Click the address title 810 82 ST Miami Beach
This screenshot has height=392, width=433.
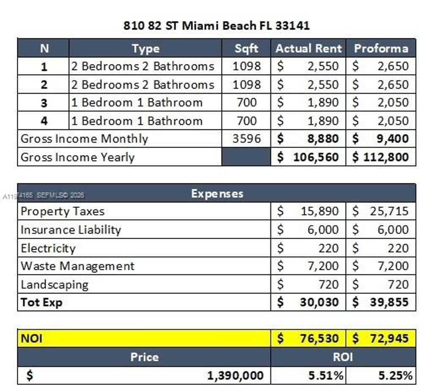[216, 25]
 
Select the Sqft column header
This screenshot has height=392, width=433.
[246, 48]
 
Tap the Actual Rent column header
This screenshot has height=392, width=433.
[308, 48]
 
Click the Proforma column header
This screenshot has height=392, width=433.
[381, 48]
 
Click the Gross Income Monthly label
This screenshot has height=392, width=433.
[85, 139]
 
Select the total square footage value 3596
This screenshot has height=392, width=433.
[246, 139]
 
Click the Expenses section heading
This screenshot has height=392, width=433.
[217, 193]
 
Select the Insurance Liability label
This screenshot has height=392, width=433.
[71, 230]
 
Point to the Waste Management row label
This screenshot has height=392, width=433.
[77, 266]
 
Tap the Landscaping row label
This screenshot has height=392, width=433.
[55, 284]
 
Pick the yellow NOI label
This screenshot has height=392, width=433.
[32, 338]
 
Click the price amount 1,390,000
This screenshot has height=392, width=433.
[235, 375]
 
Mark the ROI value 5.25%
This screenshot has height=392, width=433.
[395, 375]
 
